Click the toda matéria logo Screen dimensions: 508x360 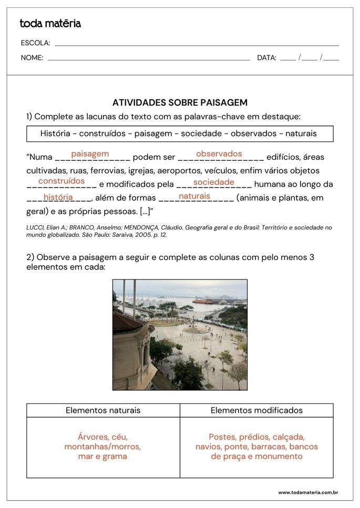(x=50, y=24)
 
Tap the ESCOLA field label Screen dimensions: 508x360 (x=36, y=43)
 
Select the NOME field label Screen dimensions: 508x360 (x=32, y=58)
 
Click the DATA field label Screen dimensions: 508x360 (x=266, y=58)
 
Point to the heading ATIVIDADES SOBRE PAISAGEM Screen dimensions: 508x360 (x=180, y=103)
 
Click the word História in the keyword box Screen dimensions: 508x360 (x=55, y=133)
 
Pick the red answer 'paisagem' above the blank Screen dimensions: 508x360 (x=90, y=154)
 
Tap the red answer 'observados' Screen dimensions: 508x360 (x=219, y=154)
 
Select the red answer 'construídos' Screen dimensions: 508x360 (x=61, y=181)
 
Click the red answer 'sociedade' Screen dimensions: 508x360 (x=213, y=182)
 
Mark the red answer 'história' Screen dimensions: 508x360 (x=58, y=197)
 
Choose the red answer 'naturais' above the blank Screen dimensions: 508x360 (x=194, y=196)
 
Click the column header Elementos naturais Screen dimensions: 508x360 (x=103, y=410)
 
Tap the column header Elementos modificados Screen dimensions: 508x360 (x=256, y=410)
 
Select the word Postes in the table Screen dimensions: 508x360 (x=222, y=437)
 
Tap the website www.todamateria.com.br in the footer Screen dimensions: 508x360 (x=307, y=492)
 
